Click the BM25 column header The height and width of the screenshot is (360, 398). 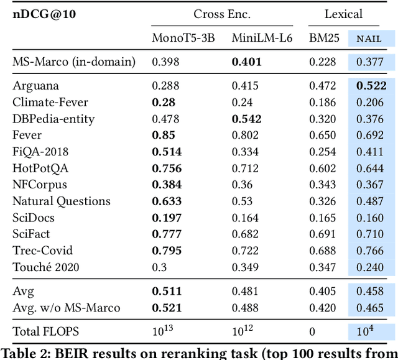point(324,38)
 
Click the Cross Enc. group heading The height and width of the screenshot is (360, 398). point(219,14)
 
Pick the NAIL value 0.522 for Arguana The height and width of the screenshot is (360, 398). point(372,86)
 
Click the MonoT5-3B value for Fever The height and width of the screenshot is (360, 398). point(166,135)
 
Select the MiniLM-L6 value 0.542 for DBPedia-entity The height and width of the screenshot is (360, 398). point(246,119)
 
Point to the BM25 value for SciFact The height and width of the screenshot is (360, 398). point(323,234)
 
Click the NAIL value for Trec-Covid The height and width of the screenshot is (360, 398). point(372,251)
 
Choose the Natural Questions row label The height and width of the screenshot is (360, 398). point(62,201)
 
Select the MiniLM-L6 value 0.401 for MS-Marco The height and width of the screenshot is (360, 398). point(246,62)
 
